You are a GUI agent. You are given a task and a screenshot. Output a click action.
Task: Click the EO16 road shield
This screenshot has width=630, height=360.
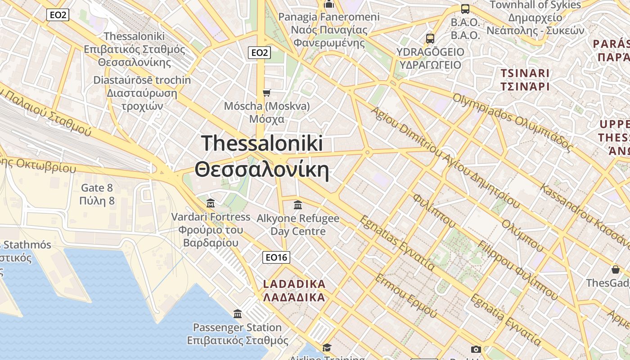[276, 257]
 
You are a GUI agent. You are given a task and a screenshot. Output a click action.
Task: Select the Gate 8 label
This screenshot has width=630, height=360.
[97, 194]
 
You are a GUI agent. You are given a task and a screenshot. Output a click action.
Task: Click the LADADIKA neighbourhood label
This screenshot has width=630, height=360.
[294, 291]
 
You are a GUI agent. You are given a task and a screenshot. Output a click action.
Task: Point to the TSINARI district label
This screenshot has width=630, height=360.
[525, 80]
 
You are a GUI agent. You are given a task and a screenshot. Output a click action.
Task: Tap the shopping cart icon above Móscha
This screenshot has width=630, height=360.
[267, 93]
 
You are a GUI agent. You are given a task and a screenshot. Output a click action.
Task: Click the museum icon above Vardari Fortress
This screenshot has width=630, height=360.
[210, 203]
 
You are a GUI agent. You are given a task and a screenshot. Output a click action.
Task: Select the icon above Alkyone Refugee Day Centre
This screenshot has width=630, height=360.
[297, 205]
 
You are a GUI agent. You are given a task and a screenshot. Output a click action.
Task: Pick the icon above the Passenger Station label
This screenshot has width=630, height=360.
[238, 314]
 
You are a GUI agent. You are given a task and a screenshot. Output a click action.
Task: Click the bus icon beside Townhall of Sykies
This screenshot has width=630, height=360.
[465, 9]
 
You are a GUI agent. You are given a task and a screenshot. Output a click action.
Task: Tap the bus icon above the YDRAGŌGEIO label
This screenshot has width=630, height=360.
[430, 38]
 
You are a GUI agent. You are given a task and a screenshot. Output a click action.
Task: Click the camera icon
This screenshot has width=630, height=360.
[476, 349]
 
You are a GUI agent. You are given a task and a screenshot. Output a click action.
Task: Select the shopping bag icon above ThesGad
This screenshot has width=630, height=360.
[615, 270]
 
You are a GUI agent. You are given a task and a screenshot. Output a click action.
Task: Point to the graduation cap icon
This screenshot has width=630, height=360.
[327, 347]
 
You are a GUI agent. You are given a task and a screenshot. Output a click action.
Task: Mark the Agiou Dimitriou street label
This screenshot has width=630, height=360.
[445, 157]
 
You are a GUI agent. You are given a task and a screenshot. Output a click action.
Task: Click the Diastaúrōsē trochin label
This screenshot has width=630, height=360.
[142, 93]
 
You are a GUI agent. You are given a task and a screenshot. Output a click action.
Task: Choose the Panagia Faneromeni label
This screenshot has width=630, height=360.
[329, 30]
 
